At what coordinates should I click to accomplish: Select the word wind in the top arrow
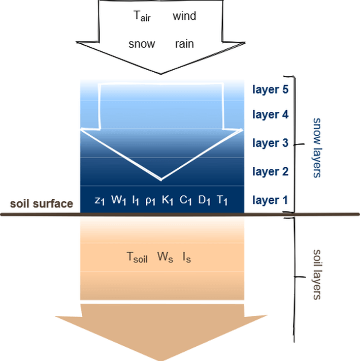[184, 16]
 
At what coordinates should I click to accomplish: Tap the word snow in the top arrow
[142, 44]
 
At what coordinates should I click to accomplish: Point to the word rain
[184, 44]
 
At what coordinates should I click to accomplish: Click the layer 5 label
[271, 89]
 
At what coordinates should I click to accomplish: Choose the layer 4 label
[271, 115]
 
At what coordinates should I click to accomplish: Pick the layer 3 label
[271, 143]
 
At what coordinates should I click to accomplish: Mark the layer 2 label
[271, 171]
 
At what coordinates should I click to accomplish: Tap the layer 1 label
[271, 200]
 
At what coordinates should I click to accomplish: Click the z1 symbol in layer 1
[100, 200]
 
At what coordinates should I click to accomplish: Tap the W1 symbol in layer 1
[118, 200]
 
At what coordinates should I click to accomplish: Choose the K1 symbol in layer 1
[168, 200]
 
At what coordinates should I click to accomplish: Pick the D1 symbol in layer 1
[204, 200]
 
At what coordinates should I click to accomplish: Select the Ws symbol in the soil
[166, 256]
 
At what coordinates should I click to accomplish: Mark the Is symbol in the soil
[186, 256]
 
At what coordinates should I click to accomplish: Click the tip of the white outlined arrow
[161, 180]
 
